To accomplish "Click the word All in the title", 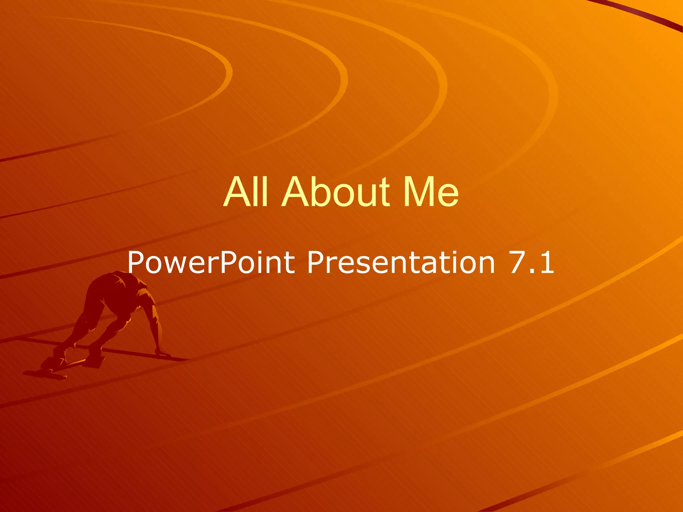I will coord(246,192).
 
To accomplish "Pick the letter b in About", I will coord(321,192).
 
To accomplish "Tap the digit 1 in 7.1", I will coord(547,263).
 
